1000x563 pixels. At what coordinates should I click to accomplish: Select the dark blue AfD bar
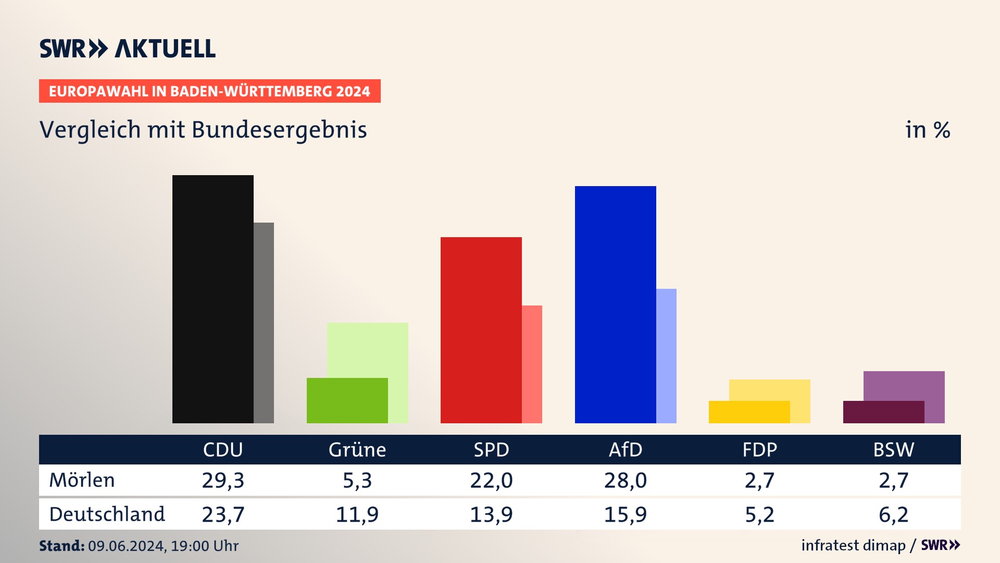(615, 304)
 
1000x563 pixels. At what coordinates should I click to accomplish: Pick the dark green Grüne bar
(347, 400)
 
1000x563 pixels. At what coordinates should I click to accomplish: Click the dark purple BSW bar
(883, 412)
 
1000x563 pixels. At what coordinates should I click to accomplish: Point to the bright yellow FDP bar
(749, 412)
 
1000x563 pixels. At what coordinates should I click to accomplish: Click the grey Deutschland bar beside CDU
(264, 323)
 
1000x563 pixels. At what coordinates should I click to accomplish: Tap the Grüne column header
(357, 449)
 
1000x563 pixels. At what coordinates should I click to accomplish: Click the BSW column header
(894, 449)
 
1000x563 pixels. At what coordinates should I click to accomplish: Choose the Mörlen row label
(82, 480)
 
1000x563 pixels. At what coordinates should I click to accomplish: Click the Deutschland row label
(107, 514)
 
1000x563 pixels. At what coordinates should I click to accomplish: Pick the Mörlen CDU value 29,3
(223, 480)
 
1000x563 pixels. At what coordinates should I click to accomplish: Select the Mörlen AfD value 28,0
(626, 480)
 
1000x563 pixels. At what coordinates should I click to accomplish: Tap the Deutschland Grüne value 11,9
(357, 515)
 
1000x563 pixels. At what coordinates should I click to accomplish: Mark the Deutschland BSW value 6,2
(894, 515)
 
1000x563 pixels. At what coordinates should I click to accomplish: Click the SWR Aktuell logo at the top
(128, 48)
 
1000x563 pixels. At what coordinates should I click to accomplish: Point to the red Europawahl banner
(209, 91)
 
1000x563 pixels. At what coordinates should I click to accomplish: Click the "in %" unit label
(928, 130)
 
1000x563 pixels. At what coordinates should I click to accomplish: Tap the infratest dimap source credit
(853, 545)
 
